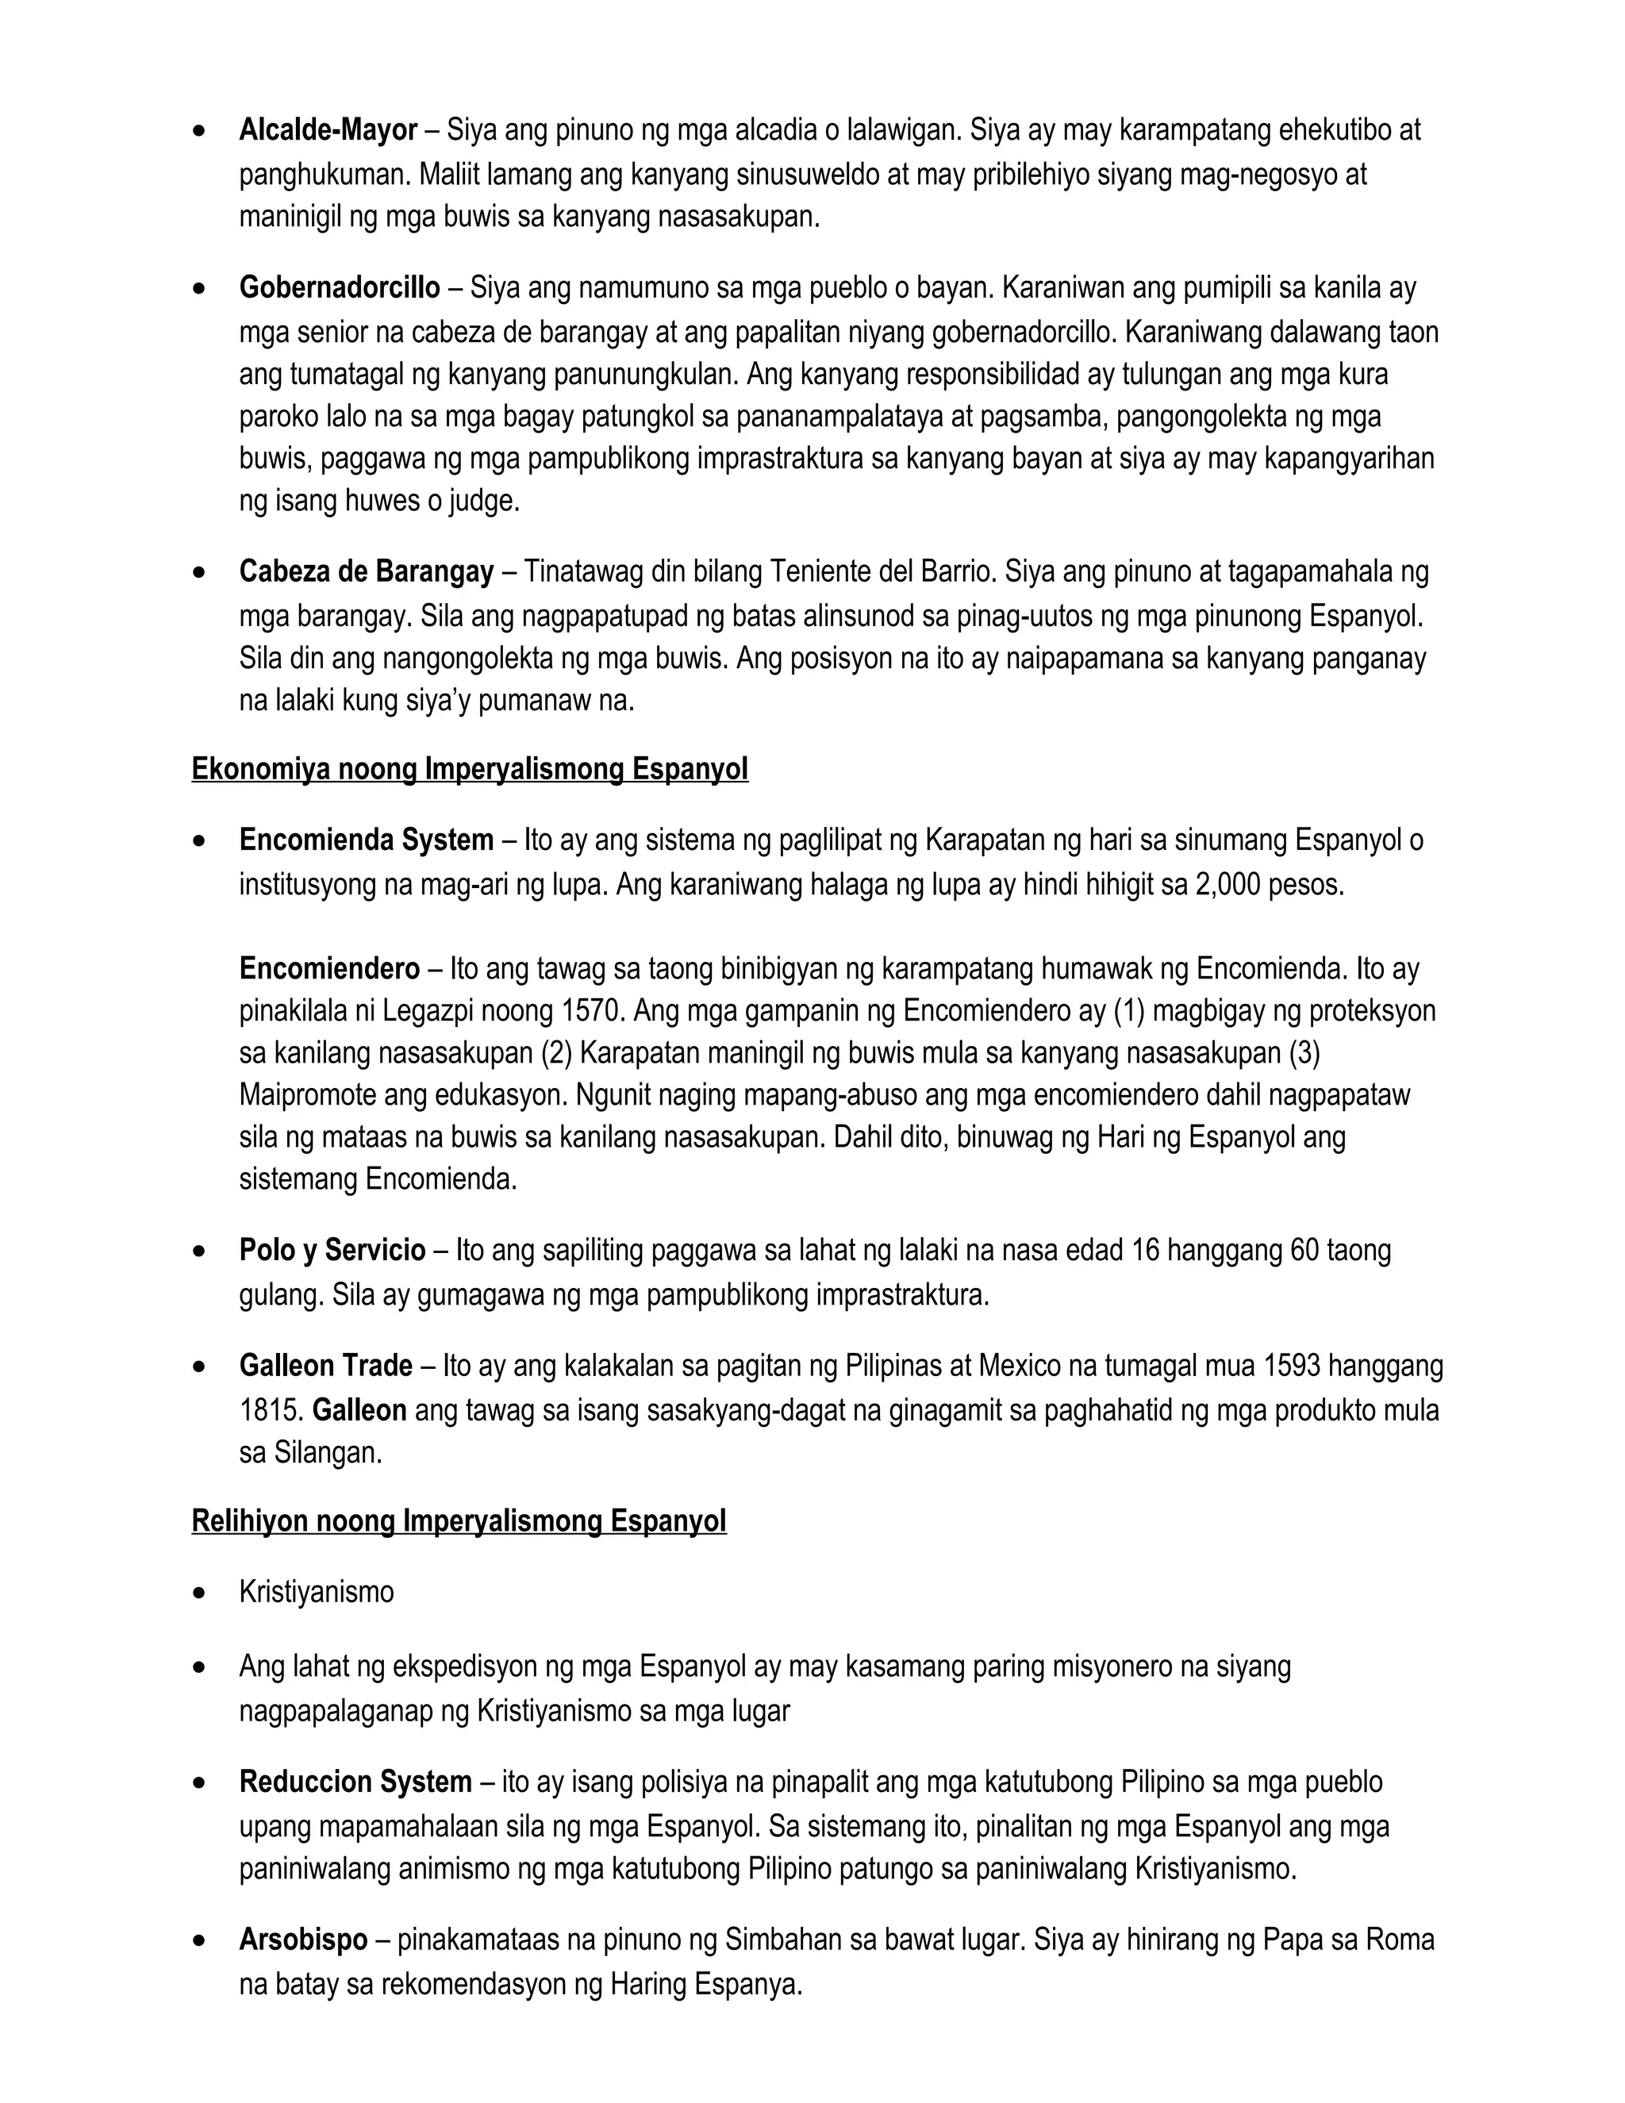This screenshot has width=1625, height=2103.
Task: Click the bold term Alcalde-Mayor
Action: tap(328, 130)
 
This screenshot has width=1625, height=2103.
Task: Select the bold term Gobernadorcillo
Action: tap(340, 287)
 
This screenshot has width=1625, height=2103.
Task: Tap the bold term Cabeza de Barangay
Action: tap(366, 572)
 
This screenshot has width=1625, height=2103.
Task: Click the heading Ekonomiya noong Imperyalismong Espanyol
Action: tap(470, 769)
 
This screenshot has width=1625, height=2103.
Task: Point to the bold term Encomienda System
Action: tap(366, 840)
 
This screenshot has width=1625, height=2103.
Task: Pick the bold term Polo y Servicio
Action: tap(332, 1251)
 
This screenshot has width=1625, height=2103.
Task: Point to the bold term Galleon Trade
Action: tap(325, 1367)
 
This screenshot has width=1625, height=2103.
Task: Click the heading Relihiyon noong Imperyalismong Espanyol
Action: tap(459, 1521)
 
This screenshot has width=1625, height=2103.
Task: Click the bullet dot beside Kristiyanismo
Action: tap(199, 1594)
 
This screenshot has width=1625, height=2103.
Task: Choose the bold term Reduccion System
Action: tap(355, 1782)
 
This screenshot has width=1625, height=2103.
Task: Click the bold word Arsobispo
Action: tap(303, 1940)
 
